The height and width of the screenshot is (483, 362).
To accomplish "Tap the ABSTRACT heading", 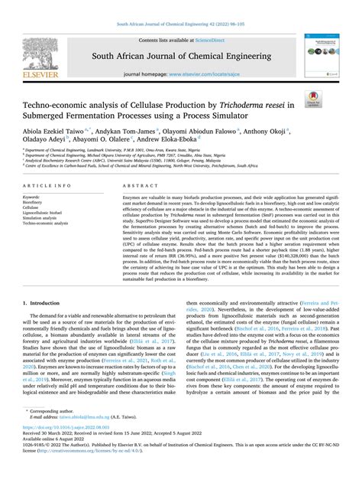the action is click(134, 186).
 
